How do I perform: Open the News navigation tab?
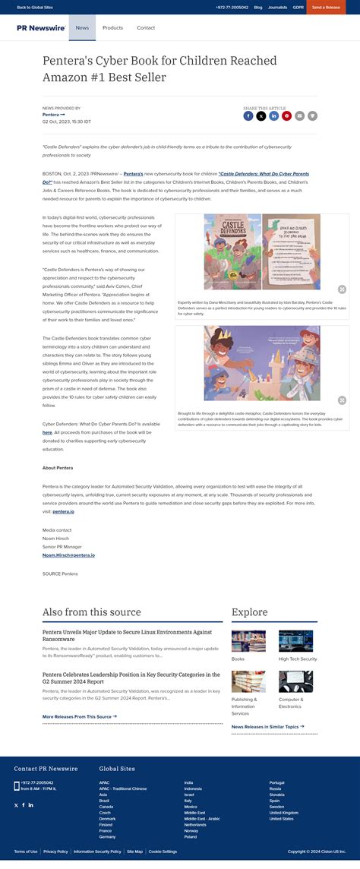tap(82, 27)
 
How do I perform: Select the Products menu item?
tap(112, 27)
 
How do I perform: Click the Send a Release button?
tap(326, 7)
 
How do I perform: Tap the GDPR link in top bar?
tap(298, 7)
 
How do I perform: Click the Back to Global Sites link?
tap(35, 7)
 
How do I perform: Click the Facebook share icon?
tap(248, 116)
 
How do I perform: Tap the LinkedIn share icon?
tap(273, 116)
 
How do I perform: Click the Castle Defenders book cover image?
tap(231, 251)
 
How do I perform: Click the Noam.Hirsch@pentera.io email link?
tap(68, 555)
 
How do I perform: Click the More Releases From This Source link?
tap(79, 716)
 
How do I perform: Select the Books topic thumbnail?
tap(248, 640)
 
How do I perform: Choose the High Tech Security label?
tap(298, 659)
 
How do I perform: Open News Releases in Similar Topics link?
tap(267, 726)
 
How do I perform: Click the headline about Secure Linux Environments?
tap(127, 635)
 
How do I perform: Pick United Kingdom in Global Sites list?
tap(284, 812)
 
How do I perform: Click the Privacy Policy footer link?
tap(55, 852)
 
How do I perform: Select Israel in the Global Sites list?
tap(189, 794)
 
